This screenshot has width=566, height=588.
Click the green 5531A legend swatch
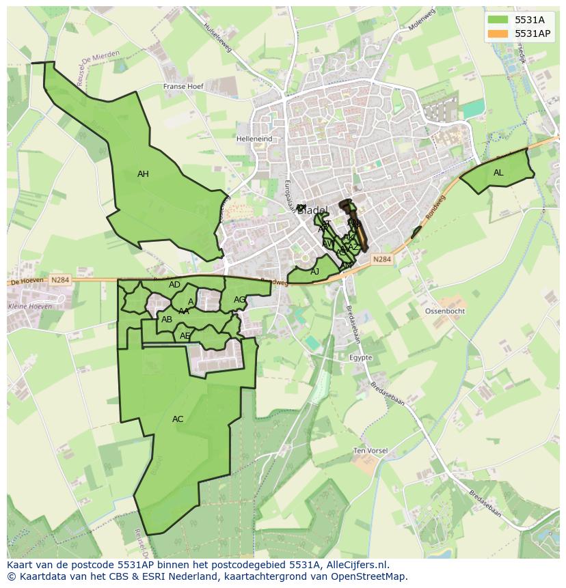(x=498, y=20)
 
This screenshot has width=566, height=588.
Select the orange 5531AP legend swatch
(x=498, y=33)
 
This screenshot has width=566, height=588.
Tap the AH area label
(x=143, y=174)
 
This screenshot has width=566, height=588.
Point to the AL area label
(x=498, y=173)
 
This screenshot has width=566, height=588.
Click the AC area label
(x=178, y=419)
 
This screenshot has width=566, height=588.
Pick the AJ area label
(x=315, y=272)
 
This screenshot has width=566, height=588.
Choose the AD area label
(x=174, y=285)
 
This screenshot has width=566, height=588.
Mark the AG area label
(x=239, y=300)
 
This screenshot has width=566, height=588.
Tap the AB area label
(x=167, y=319)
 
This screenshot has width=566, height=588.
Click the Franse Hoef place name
(x=184, y=87)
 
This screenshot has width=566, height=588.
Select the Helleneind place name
(x=254, y=139)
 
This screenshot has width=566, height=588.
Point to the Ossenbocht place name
(x=445, y=311)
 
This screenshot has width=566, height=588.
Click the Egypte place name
(x=360, y=357)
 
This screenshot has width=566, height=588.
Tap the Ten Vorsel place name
(x=370, y=451)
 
